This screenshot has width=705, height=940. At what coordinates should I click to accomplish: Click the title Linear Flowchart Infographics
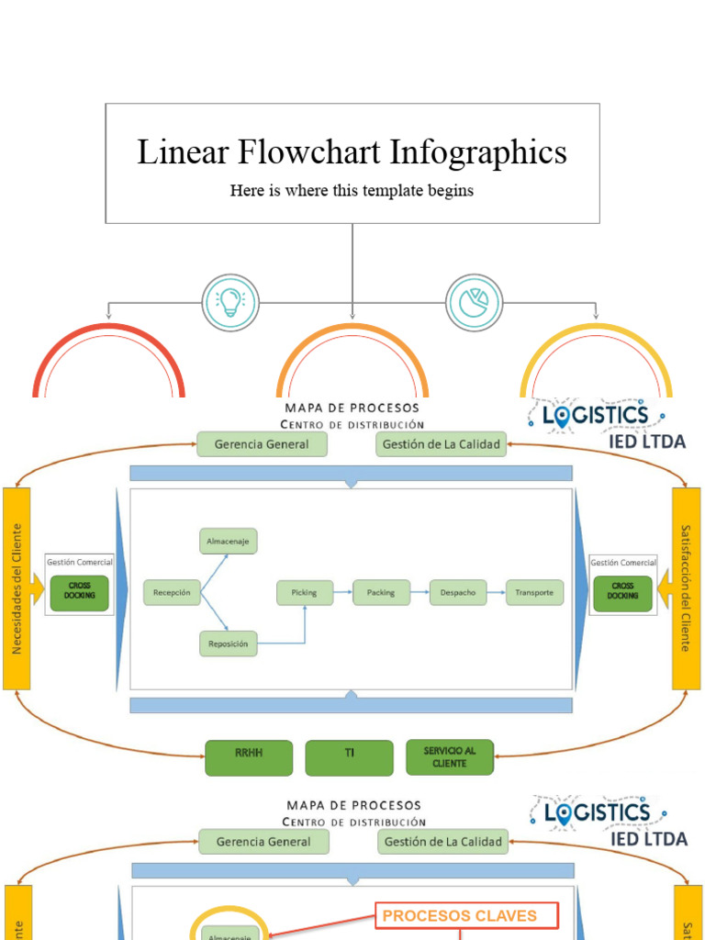click(x=352, y=152)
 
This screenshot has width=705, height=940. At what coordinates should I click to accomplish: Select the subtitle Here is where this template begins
click(x=352, y=191)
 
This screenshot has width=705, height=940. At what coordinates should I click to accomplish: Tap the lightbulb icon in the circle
click(x=230, y=302)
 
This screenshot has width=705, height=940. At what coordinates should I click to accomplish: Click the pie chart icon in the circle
click(x=475, y=302)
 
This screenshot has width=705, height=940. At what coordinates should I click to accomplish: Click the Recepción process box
click(x=172, y=593)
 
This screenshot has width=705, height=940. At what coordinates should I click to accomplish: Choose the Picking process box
click(x=304, y=593)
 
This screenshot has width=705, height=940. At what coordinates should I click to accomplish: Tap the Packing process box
click(x=380, y=593)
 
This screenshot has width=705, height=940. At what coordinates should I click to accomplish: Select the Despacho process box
click(x=457, y=593)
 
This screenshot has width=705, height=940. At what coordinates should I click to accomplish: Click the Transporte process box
click(x=534, y=593)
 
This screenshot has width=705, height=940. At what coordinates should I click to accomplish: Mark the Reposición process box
click(x=228, y=644)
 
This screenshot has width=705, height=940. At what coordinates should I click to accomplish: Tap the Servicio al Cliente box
click(x=450, y=757)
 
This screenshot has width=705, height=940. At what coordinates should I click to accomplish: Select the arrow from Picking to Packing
click(x=341, y=593)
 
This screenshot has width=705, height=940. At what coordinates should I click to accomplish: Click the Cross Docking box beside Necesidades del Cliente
click(x=79, y=590)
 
